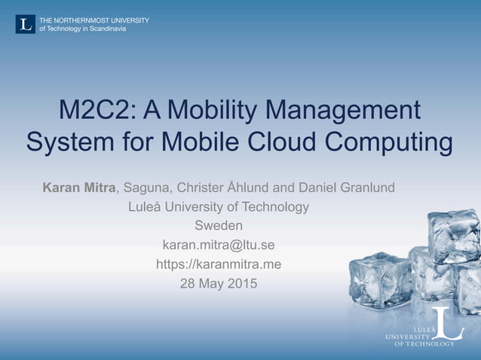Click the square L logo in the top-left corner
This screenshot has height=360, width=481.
pyautogui.click(x=25, y=24)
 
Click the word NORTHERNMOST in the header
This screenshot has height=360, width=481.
pyautogui.click(x=84, y=20)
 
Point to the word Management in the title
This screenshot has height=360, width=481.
pyautogui.click(x=349, y=110)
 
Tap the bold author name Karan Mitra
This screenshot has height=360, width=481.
pyautogui.click(x=79, y=187)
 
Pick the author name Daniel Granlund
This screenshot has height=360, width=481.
pyautogui.click(x=342, y=187)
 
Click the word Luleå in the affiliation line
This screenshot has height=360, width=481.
pyautogui.click(x=149, y=206)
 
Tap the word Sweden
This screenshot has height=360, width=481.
pyautogui.click(x=219, y=225)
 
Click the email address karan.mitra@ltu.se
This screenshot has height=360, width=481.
pyautogui.click(x=219, y=245)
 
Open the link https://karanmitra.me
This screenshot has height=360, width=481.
pyautogui.click(x=219, y=264)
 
